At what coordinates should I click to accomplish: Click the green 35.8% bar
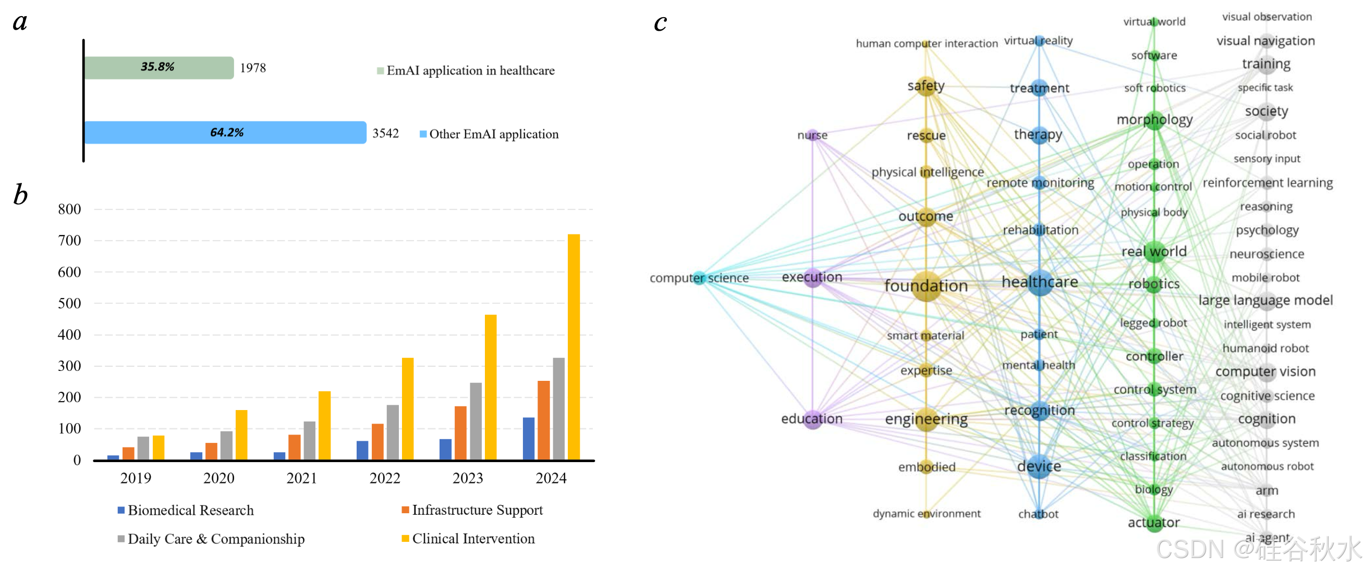coord(159,68)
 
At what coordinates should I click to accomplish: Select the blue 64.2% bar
coord(225,132)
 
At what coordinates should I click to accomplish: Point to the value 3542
coord(385,133)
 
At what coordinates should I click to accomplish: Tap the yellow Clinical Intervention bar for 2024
coord(574,347)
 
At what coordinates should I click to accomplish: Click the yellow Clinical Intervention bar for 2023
coord(491,387)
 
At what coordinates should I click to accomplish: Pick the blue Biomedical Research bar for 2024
coord(528,439)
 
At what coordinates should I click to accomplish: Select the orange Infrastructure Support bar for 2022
coord(377,442)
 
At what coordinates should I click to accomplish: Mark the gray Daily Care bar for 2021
coord(310,441)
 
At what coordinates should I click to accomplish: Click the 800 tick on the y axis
coord(69,209)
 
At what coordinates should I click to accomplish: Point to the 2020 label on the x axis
coord(218,478)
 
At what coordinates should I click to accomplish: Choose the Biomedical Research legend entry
coord(186,510)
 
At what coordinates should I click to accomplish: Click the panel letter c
coord(660,22)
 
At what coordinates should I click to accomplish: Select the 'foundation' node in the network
coord(925,286)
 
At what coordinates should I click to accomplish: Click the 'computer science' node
coord(700,278)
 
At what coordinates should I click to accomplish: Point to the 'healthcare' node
coord(1039,282)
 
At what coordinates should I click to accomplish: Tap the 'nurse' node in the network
coord(812,135)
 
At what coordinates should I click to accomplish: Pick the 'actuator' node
coord(1153,523)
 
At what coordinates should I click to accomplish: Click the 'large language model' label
coord(1265,300)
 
